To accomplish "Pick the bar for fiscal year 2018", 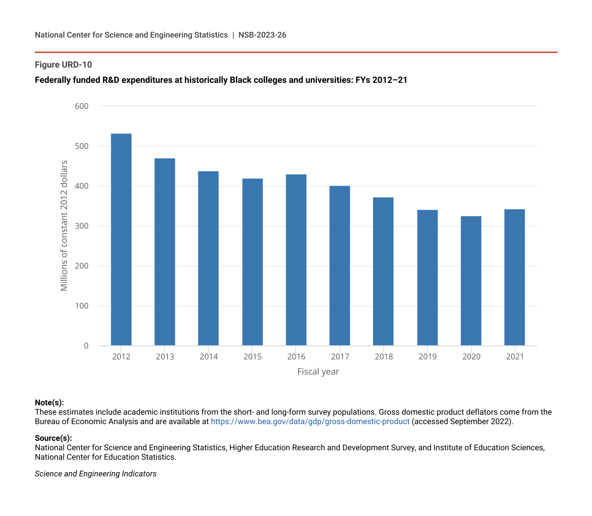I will tap(383, 271).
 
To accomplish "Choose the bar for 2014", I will tap(208, 259).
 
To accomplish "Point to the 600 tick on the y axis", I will tap(82, 106).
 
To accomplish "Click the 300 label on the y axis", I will tap(82, 226).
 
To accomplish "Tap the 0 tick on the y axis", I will tap(86, 346).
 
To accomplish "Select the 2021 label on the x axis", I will tap(515, 357).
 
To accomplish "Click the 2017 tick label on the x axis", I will tap(340, 357).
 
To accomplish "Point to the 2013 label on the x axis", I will tap(165, 357).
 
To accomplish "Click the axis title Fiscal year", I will tap(318, 372).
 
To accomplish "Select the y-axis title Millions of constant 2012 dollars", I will tap(64, 226).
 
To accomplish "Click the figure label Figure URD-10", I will tap(63, 65).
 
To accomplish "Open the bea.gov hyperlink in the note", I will tap(310, 422).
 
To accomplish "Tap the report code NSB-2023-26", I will tap(262, 35).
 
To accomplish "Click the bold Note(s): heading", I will tap(49, 403).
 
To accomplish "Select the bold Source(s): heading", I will tap(53, 438).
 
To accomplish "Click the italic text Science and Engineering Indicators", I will tap(96, 474).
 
